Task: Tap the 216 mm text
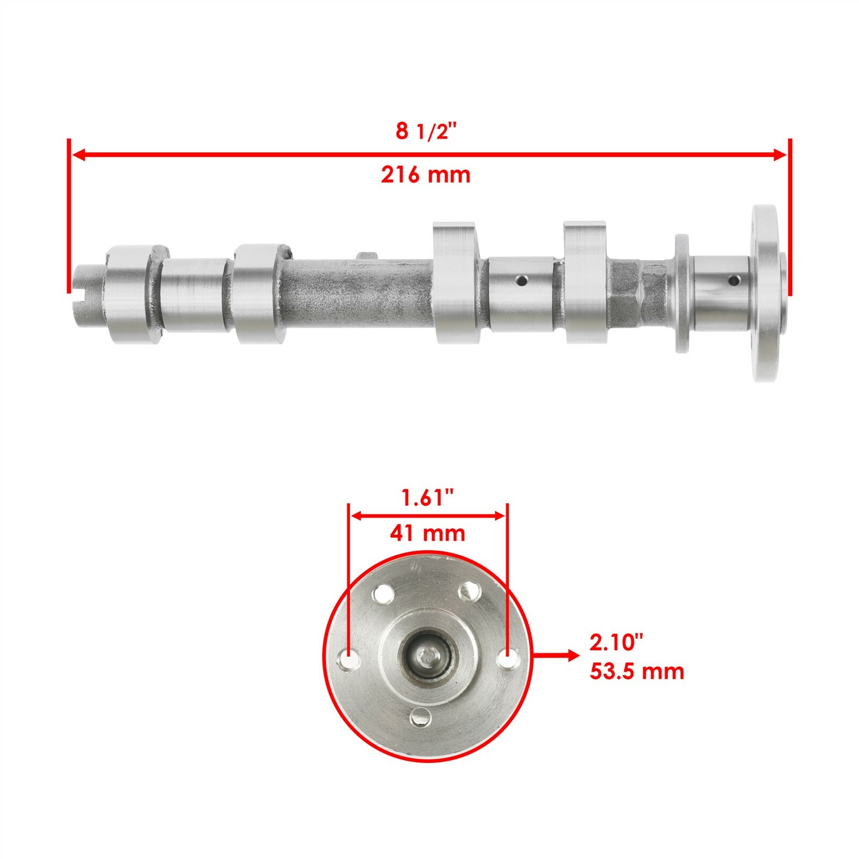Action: pyautogui.click(x=425, y=175)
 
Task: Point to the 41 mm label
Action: pyautogui.click(x=427, y=534)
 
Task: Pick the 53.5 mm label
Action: pyautogui.click(x=637, y=672)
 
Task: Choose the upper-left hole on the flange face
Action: pyautogui.click(x=383, y=594)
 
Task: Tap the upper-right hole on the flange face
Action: pyautogui.click(x=470, y=592)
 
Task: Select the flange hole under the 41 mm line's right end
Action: pyautogui.click(x=507, y=658)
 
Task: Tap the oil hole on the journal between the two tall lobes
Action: pyautogui.click(x=520, y=280)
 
